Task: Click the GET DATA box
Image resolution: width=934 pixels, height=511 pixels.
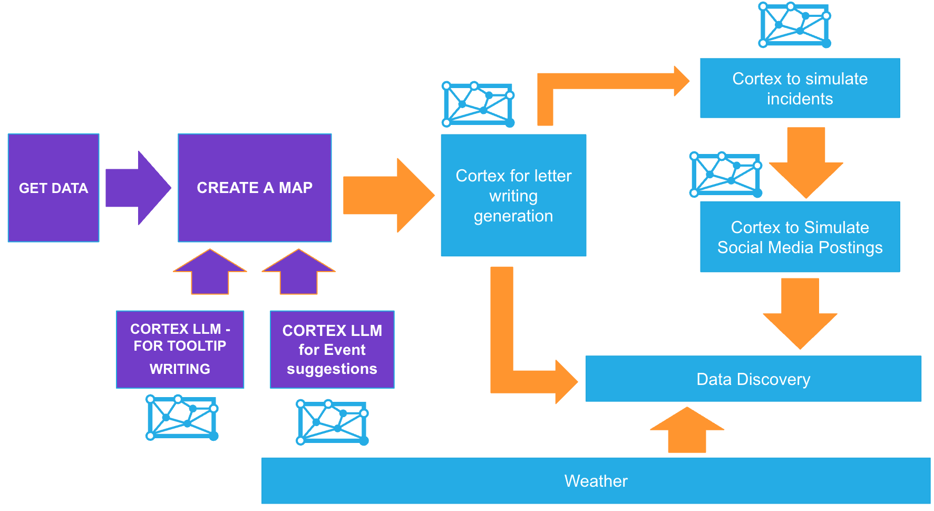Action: pos(53,188)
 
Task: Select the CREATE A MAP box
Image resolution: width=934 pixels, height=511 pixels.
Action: pos(255,188)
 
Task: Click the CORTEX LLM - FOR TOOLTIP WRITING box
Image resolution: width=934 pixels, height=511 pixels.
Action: pos(180,349)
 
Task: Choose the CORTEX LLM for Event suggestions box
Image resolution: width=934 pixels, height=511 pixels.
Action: pos(332,349)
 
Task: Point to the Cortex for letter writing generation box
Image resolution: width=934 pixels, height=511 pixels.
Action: pos(513,195)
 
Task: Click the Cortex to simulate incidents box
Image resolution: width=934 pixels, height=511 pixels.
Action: pos(800,88)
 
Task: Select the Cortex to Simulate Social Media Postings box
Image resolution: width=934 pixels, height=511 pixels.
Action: pos(800,237)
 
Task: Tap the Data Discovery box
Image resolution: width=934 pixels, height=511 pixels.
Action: pos(753,379)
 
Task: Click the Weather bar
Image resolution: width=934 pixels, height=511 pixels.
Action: pos(596,480)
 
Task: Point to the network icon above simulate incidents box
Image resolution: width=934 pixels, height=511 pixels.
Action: pos(795,25)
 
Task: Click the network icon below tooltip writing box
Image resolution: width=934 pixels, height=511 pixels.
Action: pos(182,418)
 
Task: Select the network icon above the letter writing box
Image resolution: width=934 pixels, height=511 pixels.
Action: pos(478,104)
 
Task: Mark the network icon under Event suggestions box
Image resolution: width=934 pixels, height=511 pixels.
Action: pos(332,422)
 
